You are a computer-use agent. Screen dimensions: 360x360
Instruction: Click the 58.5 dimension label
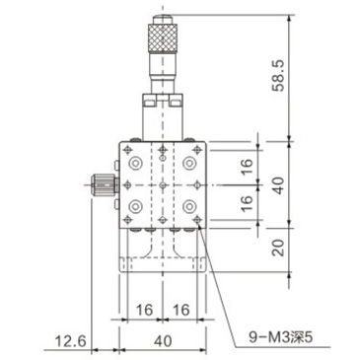[x=277, y=76]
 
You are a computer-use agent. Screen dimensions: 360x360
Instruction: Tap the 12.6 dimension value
[x=70, y=341]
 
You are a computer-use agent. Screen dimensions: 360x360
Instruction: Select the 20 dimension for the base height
[x=278, y=248]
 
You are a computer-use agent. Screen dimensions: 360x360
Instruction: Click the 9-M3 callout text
[x=280, y=337]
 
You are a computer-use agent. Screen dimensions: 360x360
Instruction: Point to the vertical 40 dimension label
[x=278, y=185]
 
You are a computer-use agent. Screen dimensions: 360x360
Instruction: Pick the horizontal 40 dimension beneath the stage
[x=163, y=341]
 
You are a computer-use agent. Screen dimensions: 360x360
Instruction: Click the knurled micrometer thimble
[x=163, y=38]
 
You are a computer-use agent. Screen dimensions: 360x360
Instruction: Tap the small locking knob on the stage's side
[x=105, y=185]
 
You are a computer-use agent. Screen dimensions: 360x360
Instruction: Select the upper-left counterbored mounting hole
[x=135, y=163]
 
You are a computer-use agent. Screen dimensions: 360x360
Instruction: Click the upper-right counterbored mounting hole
[x=189, y=163]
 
